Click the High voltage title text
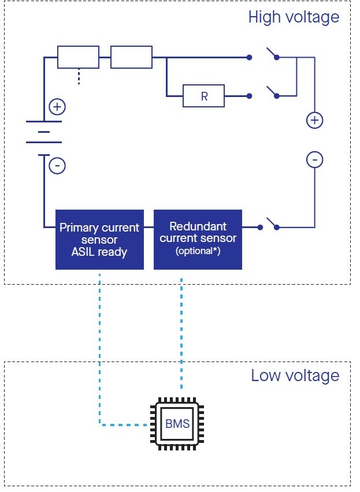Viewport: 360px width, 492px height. click(x=294, y=17)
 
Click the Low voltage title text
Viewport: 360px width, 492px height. click(x=295, y=376)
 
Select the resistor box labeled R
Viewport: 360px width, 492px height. click(x=204, y=96)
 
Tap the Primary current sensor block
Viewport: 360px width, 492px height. click(x=99, y=239)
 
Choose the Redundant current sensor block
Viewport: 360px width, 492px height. click(x=198, y=239)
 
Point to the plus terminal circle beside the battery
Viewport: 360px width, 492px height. click(x=57, y=107)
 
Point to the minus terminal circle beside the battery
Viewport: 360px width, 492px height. click(x=57, y=166)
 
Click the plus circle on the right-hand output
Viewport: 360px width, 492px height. click(x=314, y=121)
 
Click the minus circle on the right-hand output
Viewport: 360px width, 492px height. click(x=314, y=159)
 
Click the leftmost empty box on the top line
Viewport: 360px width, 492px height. click(x=78, y=58)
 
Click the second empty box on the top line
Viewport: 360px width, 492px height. click(x=131, y=58)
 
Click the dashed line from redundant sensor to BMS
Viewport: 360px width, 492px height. click(x=182, y=335)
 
